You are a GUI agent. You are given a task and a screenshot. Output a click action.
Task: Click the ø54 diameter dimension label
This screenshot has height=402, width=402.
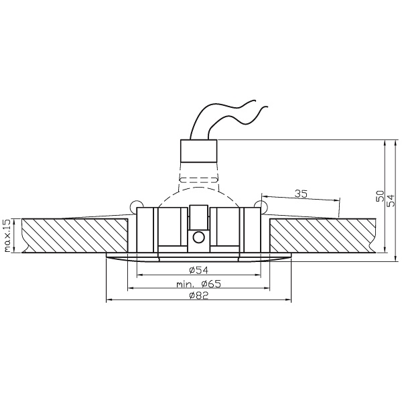[200, 270]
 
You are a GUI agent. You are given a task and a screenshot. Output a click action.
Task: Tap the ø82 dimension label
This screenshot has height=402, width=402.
[200, 295]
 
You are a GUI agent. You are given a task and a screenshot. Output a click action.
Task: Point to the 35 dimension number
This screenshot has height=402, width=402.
[301, 194]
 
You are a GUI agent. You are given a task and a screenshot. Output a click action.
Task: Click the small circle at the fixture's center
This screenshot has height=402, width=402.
[198, 237]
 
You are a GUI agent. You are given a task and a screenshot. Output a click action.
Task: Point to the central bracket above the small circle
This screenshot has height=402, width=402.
[198, 216]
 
